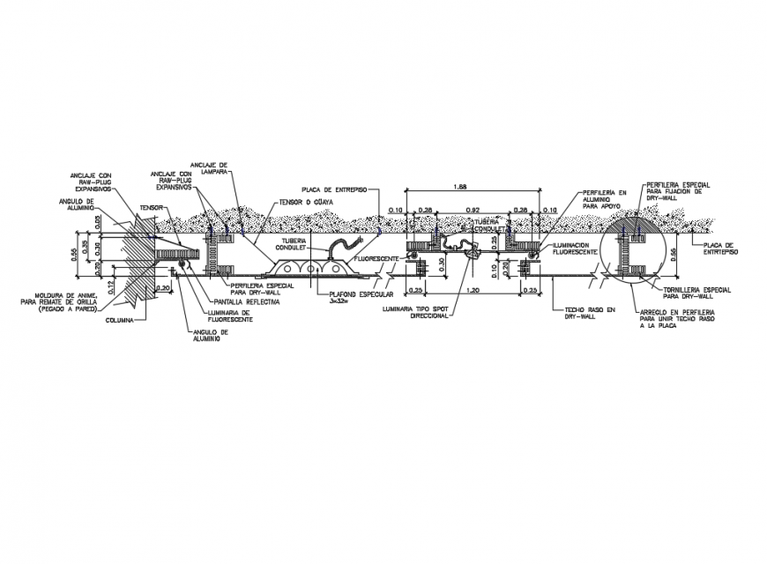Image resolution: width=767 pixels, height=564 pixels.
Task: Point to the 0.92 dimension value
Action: (474, 210)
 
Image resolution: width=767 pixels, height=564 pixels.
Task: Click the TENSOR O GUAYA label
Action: (303, 202)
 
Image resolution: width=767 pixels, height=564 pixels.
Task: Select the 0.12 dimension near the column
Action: (112, 286)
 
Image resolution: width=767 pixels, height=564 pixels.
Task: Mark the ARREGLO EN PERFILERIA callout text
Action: (677, 318)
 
